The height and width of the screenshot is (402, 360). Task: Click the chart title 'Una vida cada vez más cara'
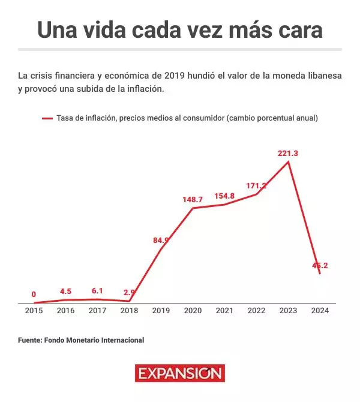coord(180,30)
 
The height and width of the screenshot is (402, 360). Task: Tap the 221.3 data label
coord(288,154)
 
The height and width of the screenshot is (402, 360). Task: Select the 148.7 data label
coord(193,199)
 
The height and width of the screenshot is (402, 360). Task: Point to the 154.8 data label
coord(224,196)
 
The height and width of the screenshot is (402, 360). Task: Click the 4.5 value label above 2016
coord(65,292)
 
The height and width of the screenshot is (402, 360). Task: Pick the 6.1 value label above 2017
coord(97,291)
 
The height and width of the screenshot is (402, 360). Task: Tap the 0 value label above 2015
coord(34,295)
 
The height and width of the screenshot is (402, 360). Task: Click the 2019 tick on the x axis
coord(161,311)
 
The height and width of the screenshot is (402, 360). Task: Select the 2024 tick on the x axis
coord(320,311)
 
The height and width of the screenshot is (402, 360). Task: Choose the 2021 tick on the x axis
coord(224,311)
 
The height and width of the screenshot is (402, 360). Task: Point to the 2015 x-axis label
coord(34,311)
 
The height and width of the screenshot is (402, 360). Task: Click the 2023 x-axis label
coord(288,311)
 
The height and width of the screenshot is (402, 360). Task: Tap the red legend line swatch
coord(47,119)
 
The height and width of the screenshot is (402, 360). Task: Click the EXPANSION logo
coord(179,373)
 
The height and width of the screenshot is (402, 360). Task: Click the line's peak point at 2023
coord(289,161)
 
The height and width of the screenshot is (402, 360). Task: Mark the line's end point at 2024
coord(320,274)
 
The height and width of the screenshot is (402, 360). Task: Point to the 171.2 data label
coord(256,186)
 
